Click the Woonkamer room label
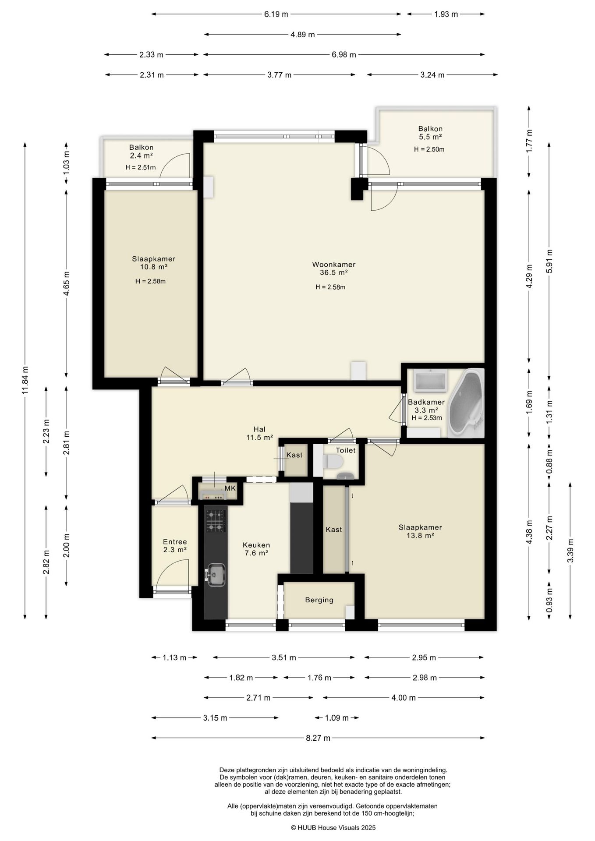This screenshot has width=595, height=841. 333,265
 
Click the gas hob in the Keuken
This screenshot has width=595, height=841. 216,521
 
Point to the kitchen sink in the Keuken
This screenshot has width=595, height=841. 216,574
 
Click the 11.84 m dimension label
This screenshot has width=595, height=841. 25,381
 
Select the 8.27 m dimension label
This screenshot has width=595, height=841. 318,738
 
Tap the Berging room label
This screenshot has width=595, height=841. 319,600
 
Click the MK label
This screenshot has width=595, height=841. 230,488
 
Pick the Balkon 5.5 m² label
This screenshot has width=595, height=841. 430,133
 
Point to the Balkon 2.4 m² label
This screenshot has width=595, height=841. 141,152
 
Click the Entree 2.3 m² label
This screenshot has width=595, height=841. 175,546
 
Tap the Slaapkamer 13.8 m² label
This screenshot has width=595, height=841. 420,531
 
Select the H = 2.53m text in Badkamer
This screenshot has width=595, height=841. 427,418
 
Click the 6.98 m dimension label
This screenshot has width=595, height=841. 344,55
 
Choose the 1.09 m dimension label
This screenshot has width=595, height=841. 337,718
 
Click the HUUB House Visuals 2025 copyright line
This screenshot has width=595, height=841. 333,828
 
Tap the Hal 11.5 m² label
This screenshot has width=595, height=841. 260,433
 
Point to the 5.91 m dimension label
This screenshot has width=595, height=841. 549,261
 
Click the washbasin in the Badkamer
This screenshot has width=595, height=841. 430,381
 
